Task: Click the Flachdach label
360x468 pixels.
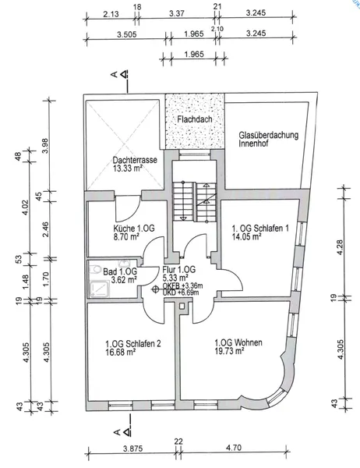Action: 195,119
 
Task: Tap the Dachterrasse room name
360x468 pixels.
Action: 135,160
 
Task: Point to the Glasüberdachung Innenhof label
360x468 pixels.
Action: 268,139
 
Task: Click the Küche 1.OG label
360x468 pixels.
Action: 134,229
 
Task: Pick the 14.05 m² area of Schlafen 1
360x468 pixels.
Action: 247,236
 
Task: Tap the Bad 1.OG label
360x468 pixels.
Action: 120,271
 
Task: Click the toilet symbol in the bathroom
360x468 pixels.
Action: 95,269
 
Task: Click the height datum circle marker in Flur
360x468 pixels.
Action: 155,289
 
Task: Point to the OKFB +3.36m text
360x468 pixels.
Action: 182,285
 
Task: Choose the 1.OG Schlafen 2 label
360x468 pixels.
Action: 133,343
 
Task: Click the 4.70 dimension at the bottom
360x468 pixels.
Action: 234,448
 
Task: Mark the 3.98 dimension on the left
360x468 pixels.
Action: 45,145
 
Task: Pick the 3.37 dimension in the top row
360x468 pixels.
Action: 177,13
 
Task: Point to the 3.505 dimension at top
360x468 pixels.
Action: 126,34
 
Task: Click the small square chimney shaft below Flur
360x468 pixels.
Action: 182,306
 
